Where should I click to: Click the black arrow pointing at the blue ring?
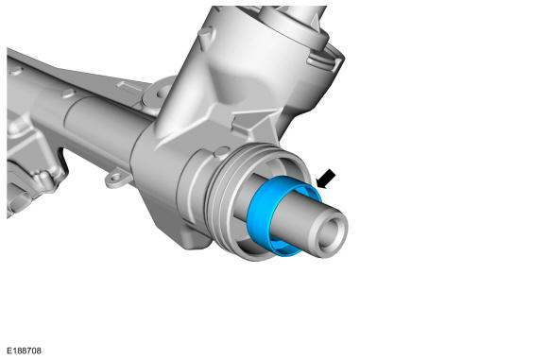coord(326,179)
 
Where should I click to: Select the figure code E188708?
coord(25,351)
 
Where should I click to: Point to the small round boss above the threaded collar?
coord(222,151)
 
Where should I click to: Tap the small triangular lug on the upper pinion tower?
coord(206,35)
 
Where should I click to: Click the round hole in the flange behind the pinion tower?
coord(163,92)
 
